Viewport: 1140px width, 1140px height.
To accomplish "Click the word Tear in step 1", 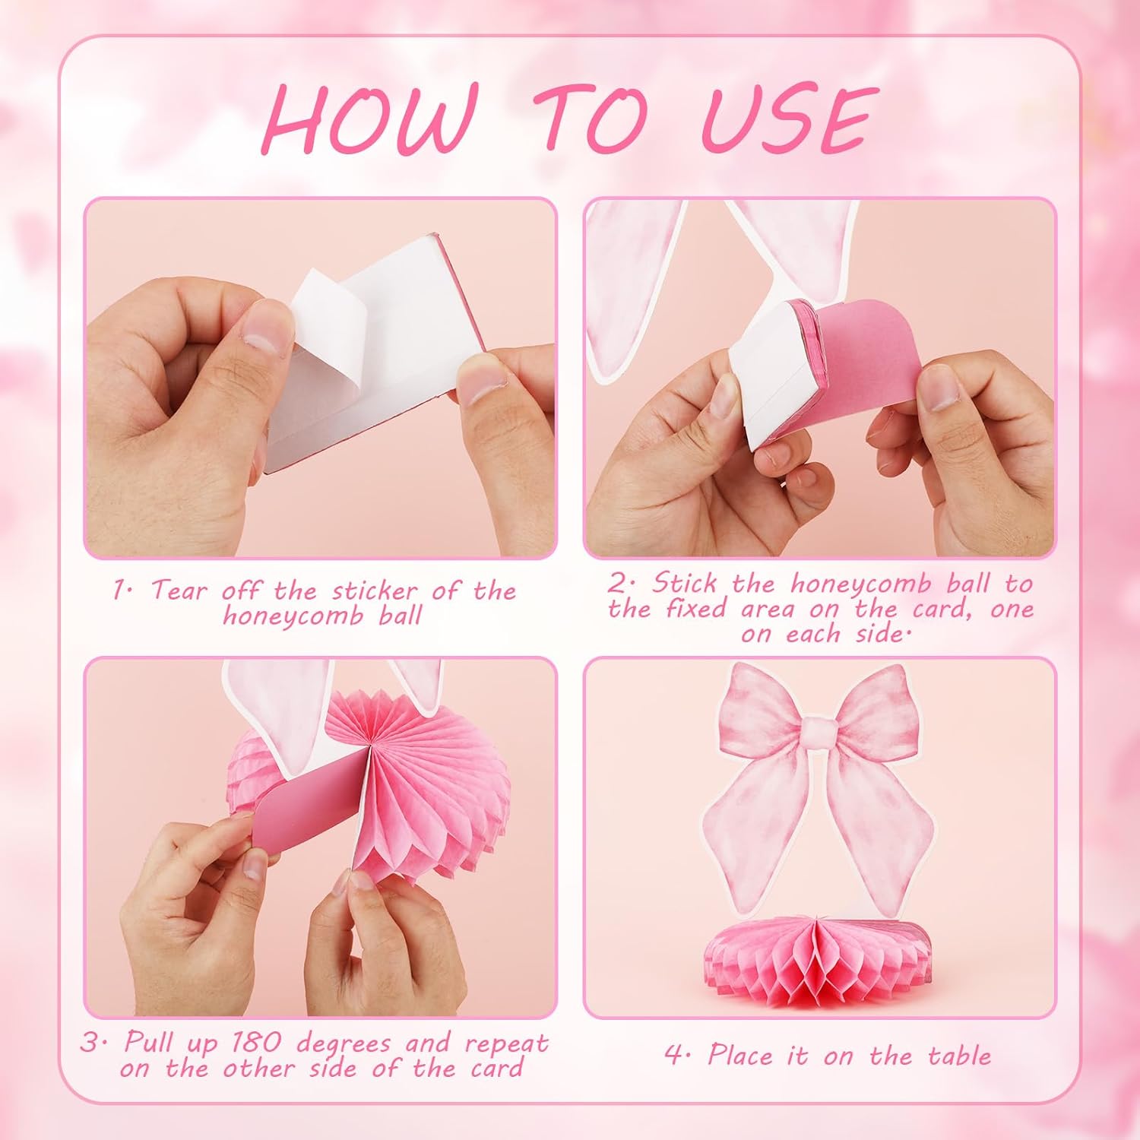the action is click(179, 591).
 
